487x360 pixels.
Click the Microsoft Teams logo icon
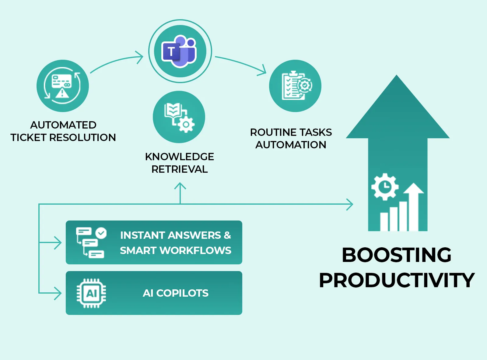click(180, 51)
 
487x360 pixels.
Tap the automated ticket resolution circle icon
click(63, 86)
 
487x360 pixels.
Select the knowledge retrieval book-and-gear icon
click(179, 117)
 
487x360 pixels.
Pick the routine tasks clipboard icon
click(295, 86)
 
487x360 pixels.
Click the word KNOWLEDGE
click(179, 157)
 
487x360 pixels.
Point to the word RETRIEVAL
click(180, 169)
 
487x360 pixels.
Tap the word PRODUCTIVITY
click(397, 280)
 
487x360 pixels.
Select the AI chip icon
click(91, 293)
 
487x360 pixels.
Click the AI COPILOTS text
click(176, 293)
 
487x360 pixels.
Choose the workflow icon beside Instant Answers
click(91, 242)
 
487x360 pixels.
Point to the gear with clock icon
click(385, 186)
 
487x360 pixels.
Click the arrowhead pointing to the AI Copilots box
click(58, 293)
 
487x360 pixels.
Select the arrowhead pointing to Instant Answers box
click(58, 243)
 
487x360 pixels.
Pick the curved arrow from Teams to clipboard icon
click(240, 63)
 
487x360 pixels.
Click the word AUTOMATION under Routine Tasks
click(291, 145)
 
